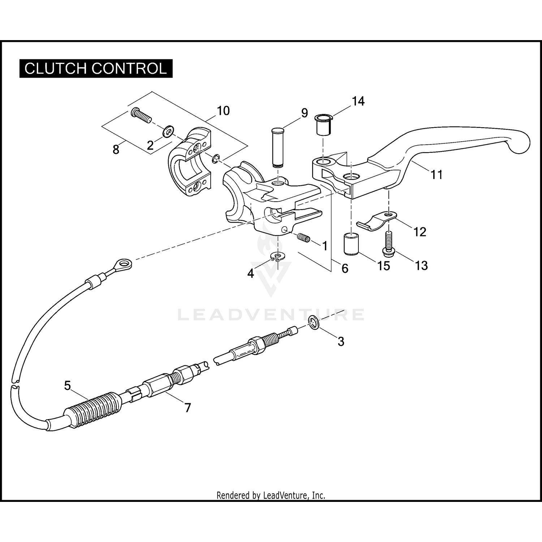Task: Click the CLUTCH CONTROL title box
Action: tap(96, 68)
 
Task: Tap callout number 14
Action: tap(358, 102)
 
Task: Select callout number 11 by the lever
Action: tap(436, 175)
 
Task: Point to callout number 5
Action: tap(68, 386)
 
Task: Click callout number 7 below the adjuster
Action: tap(188, 408)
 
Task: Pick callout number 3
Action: tap(341, 341)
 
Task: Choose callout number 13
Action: tap(421, 266)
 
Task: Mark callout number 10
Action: tap(223, 111)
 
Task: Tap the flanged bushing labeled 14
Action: tap(323, 125)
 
